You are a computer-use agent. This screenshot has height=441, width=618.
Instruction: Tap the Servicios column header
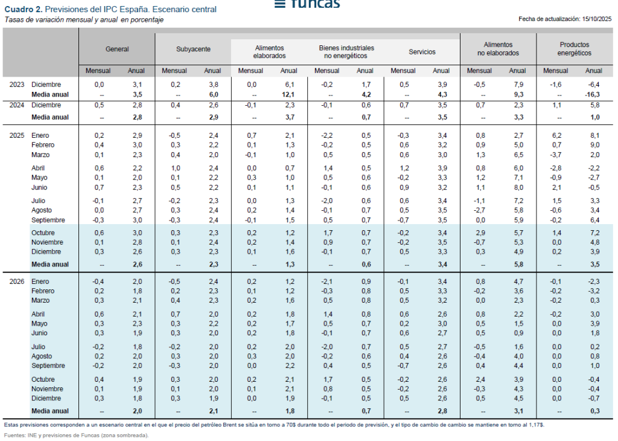point(422,52)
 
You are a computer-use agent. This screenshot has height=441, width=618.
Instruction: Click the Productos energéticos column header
point(574,49)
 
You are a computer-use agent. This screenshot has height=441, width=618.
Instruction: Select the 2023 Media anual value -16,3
point(593,95)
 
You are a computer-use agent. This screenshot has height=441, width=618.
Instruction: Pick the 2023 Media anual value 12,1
point(289,95)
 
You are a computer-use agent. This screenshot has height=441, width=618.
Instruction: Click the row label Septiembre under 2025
point(48,220)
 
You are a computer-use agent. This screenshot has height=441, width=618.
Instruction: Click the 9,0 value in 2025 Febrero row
point(594,145)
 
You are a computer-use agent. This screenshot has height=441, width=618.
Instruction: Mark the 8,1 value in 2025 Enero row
point(594,135)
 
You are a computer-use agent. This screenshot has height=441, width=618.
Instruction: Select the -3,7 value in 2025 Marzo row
point(555,155)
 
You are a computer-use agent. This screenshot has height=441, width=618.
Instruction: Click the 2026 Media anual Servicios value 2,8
point(441,411)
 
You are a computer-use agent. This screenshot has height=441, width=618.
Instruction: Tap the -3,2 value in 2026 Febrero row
point(594,291)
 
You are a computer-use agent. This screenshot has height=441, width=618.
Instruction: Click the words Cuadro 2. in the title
point(23,10)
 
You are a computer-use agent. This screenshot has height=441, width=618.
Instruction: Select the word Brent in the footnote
point(252,424)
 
